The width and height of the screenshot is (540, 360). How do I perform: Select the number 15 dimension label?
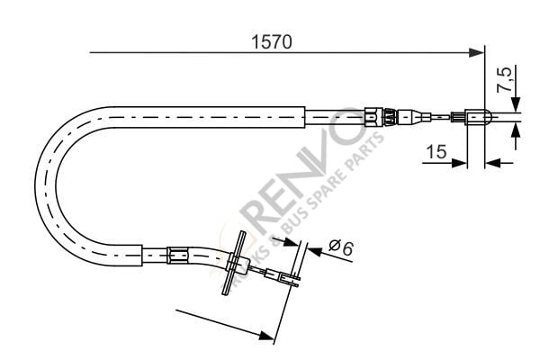(436, 152)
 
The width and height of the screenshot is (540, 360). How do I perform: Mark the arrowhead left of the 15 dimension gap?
(461, 163)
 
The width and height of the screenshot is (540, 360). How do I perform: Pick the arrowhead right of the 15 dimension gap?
(490, 163)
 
